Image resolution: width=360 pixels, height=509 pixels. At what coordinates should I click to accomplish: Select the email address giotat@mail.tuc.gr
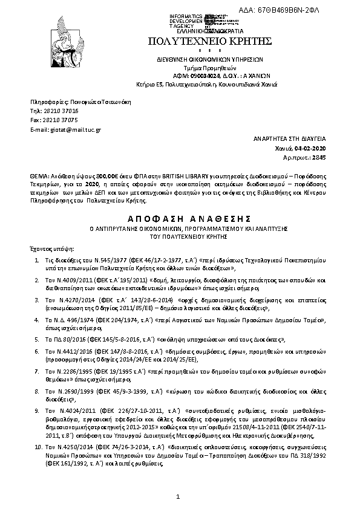75,129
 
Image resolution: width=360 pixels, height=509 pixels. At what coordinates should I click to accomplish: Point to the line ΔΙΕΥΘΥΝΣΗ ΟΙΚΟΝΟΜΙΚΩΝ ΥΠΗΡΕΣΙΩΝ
207,60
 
